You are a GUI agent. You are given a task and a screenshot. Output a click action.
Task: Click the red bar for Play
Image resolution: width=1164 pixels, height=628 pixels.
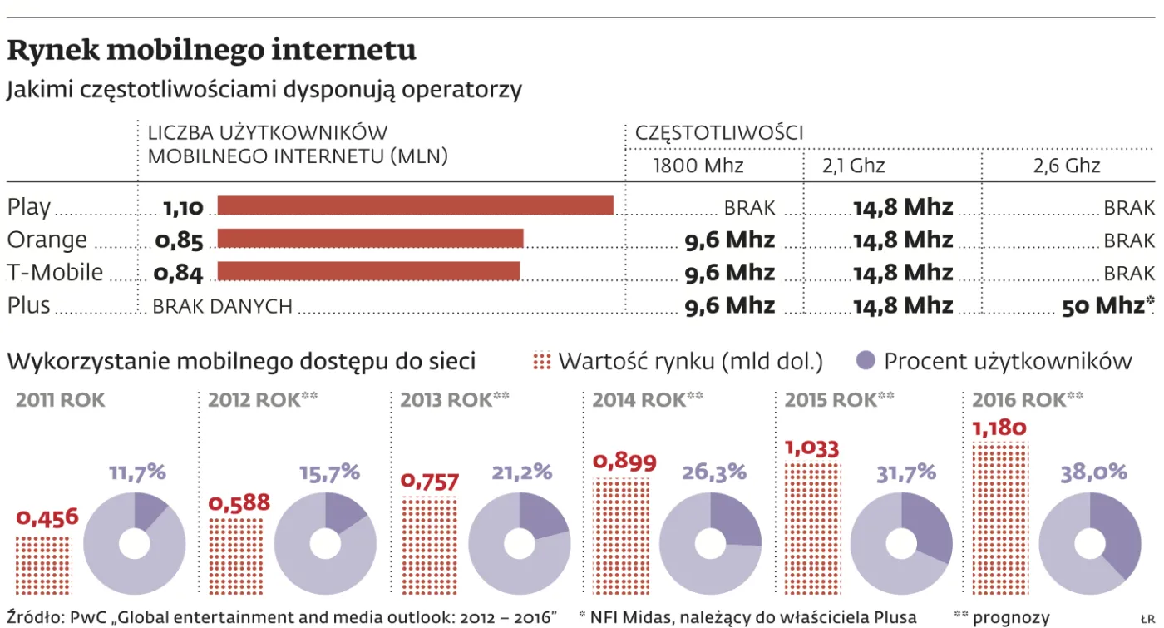[415, 205]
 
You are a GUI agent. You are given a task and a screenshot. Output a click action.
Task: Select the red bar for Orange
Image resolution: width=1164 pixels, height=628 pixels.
[370, 238]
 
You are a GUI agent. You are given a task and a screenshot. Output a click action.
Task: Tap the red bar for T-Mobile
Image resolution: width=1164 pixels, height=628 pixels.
[368, 271]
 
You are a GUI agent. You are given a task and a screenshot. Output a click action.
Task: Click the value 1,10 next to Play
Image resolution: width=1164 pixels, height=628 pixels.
[183, 207]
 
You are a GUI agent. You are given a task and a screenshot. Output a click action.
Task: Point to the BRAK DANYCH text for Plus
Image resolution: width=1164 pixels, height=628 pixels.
[223, 306]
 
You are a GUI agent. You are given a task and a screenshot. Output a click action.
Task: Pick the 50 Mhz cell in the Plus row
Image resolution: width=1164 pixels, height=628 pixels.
[1107, 305]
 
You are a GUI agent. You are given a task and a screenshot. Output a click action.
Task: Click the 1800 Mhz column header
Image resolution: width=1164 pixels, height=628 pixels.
[698, 166]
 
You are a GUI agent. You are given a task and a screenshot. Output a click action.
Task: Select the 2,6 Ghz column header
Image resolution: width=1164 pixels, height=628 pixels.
[1066, 166]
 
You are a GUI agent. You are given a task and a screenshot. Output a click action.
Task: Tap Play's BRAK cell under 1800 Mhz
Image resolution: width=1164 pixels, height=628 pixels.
[749, 208]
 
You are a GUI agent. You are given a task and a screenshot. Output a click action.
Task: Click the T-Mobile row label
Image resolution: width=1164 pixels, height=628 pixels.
[55, 272]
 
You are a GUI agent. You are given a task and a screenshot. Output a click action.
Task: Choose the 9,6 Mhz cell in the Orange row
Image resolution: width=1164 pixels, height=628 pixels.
[730, 240]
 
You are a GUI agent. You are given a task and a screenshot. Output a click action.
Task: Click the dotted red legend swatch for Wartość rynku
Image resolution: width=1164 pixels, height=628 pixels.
[541, 361]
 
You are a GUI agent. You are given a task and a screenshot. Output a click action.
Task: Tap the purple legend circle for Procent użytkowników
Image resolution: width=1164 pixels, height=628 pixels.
[866, 360]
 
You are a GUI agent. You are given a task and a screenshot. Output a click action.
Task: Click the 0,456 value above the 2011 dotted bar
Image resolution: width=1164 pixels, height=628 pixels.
[47, 517]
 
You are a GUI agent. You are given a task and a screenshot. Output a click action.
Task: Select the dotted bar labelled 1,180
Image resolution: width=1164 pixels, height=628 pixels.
[1000, 518]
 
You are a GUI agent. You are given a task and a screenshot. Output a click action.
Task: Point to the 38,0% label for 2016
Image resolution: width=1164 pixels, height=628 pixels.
[1093, 473]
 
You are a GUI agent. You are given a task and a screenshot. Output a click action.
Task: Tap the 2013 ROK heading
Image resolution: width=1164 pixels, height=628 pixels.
[446, 400]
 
